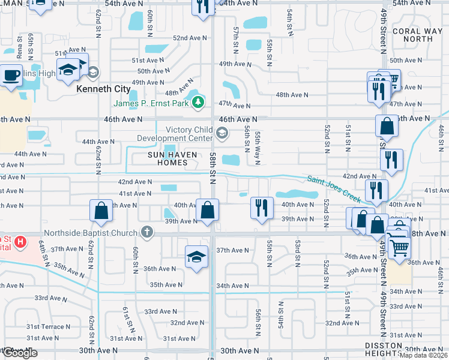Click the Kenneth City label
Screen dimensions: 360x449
[104, 89]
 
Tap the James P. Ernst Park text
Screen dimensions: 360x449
[152, 103]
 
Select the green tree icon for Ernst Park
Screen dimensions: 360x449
[197, 103]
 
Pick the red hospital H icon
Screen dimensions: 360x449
[20, 242]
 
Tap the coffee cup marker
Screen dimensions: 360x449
[11, 76]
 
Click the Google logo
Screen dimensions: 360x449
[20, 353]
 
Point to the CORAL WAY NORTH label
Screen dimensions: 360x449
[412, 35]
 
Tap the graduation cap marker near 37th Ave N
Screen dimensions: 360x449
[196, 257]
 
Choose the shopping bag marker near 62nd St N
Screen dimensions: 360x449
[100, 211]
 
